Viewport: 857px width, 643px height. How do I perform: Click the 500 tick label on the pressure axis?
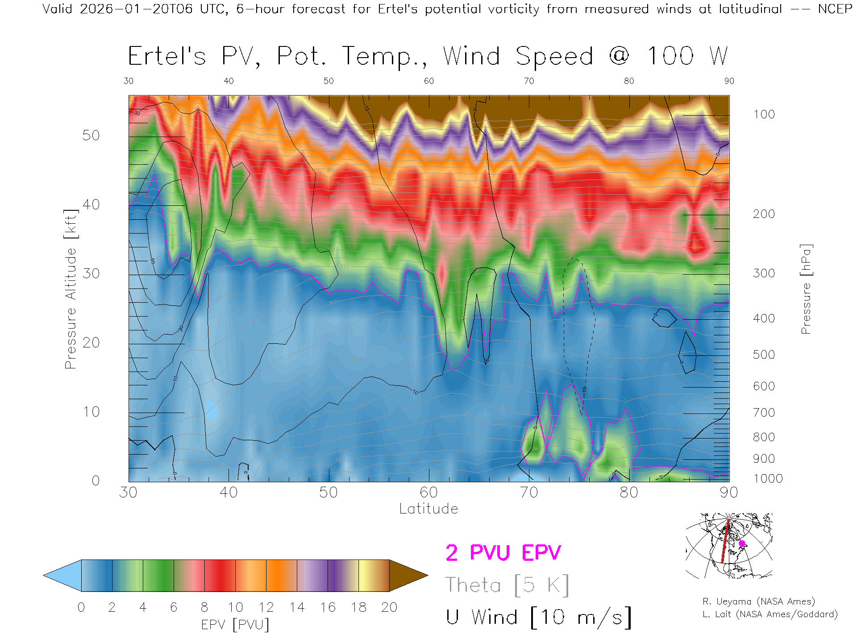(x=764, y=355)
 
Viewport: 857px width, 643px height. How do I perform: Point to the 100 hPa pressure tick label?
(x=764, y=114)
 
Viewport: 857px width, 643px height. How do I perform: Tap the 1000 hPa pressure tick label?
(x=768, y=479)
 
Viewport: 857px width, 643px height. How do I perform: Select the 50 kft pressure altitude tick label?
(x=91, y=135)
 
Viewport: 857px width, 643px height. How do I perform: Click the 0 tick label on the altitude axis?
(x=96, y=480)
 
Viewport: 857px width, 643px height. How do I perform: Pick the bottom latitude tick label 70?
(x=528, y=493)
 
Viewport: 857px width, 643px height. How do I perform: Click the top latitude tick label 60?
(x=428, y=81)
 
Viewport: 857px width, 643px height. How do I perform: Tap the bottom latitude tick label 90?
(x=728, y=493)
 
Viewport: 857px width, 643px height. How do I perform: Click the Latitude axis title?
(x=428, y=509)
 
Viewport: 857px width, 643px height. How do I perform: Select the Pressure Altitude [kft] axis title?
(x=71, y=289)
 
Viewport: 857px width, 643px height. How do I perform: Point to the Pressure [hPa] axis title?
(x=806, y=289)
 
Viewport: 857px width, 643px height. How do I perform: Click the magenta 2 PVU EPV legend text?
(x=503, y=553)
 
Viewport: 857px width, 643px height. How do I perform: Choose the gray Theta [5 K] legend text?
(x=507, y=585)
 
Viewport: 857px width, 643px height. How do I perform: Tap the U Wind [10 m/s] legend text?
(x=538, y=617)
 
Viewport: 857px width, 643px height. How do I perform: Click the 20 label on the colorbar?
(x=389, y=607)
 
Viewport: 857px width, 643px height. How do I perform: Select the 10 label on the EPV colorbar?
(x=235, y=607)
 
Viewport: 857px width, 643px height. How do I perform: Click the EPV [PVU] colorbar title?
(x=235, y=625)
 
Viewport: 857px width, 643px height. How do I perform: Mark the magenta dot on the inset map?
(x=742, y=543)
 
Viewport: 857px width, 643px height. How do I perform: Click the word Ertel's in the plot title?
(x=167, y=56)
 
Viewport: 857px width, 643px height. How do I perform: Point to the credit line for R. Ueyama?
(x=758, y=601)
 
